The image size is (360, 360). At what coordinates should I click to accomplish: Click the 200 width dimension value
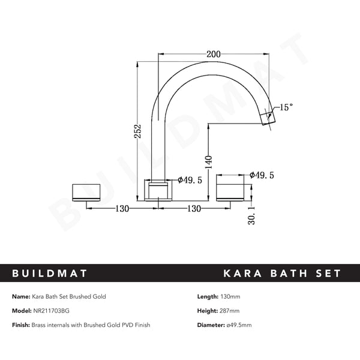tap(212, 54)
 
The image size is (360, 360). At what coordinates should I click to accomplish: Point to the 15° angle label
tap(286, 107)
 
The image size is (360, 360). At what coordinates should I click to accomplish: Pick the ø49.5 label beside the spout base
tap(192, 179)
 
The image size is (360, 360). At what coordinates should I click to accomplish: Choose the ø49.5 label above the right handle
tap(262, 175)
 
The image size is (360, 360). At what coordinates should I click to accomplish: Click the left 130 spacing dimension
tap(124, 208)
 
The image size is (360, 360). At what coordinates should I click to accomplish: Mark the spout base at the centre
tap(158, 190)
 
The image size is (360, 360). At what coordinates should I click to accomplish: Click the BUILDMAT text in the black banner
tap(50, 274)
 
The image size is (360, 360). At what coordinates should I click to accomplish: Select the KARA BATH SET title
tap(281, 274)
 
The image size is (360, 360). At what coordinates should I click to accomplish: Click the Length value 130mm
tap(231, 296)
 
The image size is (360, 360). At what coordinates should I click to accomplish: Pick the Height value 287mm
tap(230, 311)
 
